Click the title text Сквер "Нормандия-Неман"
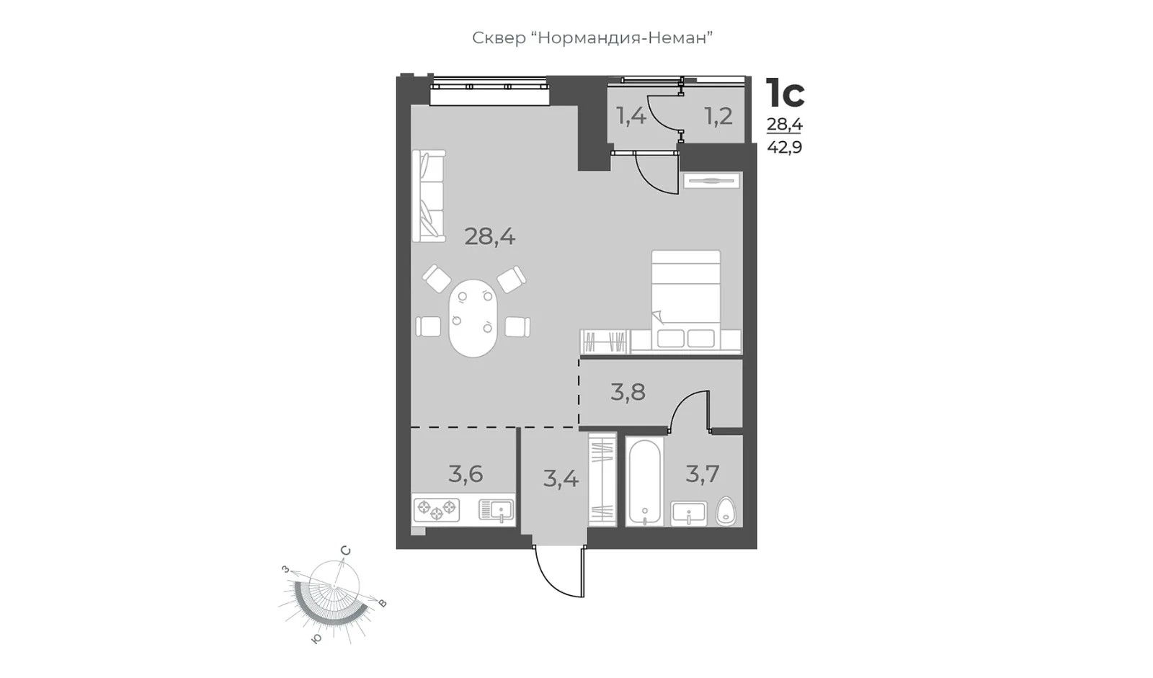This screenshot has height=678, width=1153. (592, 38)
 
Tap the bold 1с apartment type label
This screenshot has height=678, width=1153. (785, 93)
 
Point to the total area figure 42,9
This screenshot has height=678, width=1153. (785, 148)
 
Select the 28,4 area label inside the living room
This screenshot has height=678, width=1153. (489, 237)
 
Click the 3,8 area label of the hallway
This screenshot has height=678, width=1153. (628, 392)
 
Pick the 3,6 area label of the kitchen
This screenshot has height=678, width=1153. (466, 473)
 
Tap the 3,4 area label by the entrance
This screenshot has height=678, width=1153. (561, 479)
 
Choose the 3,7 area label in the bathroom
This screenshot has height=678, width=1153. (702, 473)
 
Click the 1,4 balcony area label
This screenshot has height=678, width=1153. (631, 116)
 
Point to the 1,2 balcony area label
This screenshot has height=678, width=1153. (718, 116)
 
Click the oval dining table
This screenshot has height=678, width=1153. (473, 318)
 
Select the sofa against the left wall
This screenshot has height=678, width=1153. (429, 196)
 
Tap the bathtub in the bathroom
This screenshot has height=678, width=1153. (644, 482)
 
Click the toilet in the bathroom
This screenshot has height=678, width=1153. (726, 512)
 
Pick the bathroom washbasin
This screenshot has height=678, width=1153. (689, 513)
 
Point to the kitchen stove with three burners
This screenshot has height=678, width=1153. (437, 509)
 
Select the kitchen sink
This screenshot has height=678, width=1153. (497, 510)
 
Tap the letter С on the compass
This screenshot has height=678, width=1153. (346, 551)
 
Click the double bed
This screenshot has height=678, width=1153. (685, 300)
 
